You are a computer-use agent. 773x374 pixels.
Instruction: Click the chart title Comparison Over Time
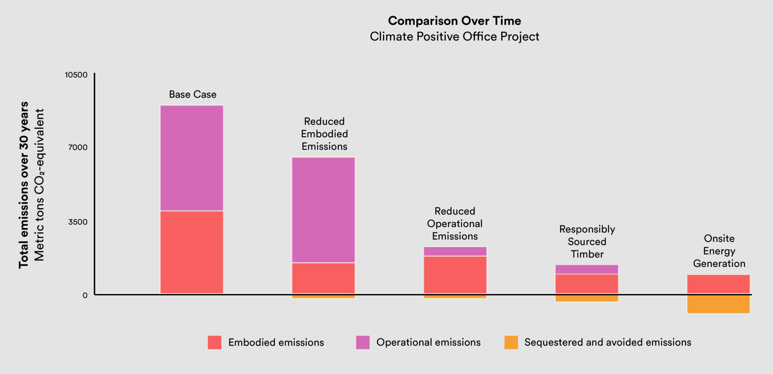(x=454, y=21)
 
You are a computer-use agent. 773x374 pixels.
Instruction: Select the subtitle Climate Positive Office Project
(x=454, y=37)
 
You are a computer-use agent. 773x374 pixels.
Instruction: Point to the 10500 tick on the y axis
(x=76, y=75)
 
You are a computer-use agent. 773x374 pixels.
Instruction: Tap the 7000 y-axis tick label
(x=78, y=147)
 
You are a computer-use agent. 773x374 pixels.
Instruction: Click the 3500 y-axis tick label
(x=78, y=222)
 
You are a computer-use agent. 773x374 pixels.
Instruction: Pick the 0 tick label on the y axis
(x=85, y=295)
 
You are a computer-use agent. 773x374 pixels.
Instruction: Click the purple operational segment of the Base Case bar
(x=192, y=158)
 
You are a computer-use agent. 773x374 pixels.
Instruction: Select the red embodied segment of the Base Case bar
(x=192, y=252)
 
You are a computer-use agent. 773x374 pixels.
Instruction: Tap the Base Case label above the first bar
(x=192, y=94)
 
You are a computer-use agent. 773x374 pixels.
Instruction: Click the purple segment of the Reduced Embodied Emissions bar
(x=323, y=210)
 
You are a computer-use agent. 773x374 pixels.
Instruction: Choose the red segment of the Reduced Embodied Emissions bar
(x=323, y=278)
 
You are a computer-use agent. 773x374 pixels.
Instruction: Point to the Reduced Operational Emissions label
(x=455, y=223)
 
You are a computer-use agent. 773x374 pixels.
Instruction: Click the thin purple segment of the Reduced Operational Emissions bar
(x=455, y=251)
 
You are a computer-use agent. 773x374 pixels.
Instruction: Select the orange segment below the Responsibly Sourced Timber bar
(x=587, y=298)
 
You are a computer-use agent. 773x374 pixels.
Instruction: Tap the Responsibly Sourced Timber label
(x=587, y=242)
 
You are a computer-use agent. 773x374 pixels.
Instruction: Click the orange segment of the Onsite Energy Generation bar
(x=718, y=304)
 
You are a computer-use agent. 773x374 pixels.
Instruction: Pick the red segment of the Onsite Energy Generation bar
(x=718, y=284)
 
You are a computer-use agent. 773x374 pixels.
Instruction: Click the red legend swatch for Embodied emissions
(x=214, y=342)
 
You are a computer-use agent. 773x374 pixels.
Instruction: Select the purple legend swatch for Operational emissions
(x=363, y=342)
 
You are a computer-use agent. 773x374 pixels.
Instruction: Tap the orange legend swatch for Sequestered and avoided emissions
(x=511, y=342)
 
